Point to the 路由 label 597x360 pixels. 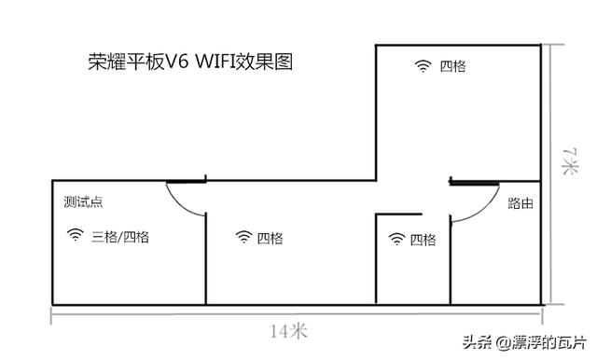[521, 202]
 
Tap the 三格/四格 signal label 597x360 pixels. [120, 237]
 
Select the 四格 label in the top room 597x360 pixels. [452, 66]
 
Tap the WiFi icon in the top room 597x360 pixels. [423, 66]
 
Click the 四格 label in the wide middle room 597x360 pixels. [270, 238]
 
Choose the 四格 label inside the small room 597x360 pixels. [423, 240]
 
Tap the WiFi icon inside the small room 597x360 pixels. [396, 240]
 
